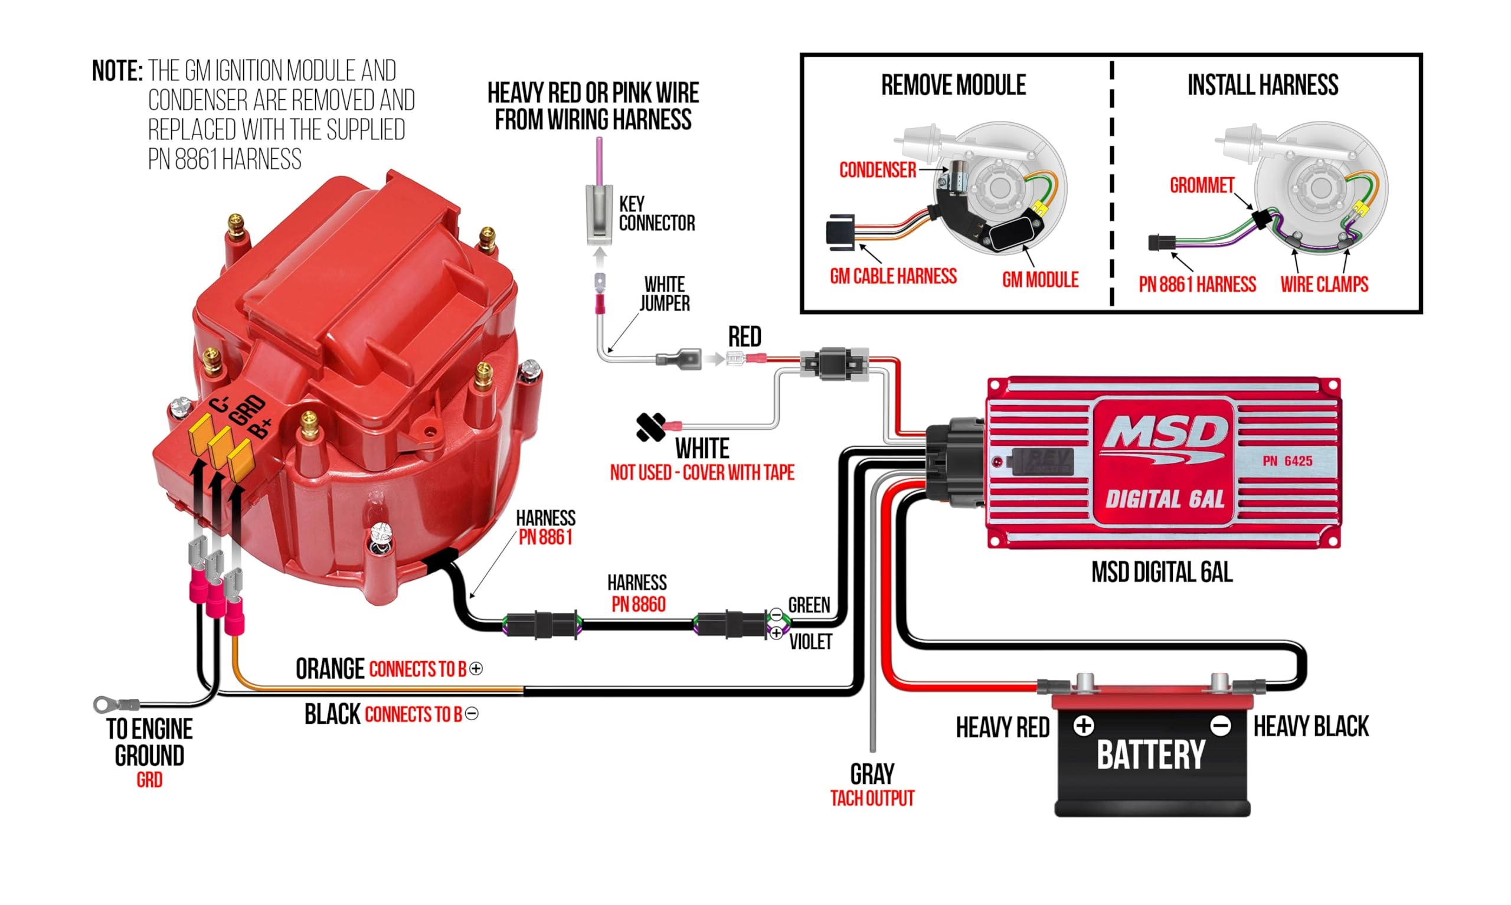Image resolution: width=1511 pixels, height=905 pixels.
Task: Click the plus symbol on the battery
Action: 1083,726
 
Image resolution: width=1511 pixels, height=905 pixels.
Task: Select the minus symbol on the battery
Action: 1220,726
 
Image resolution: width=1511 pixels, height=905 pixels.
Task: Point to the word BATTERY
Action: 1151,756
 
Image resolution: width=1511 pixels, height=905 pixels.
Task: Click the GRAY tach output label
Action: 872,775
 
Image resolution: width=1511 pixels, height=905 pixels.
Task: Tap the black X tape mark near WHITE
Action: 650,427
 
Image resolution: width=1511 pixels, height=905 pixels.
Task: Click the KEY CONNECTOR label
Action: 656,214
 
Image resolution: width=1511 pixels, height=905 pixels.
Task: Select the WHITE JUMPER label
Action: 665,293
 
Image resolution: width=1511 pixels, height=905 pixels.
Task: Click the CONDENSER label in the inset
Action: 877,170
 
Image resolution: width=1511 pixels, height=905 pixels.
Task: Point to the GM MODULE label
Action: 1040,280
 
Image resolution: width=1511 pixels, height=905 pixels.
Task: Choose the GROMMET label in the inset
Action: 1201,185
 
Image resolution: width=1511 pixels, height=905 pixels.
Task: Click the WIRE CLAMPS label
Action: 1324,284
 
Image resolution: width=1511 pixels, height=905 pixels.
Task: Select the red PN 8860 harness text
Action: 638,604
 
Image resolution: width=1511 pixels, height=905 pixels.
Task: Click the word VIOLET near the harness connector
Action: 810,642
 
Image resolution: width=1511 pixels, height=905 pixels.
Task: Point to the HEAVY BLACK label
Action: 1310,726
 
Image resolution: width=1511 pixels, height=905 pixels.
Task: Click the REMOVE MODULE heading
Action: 953,86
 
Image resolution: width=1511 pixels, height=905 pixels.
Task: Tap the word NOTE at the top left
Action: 117,71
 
